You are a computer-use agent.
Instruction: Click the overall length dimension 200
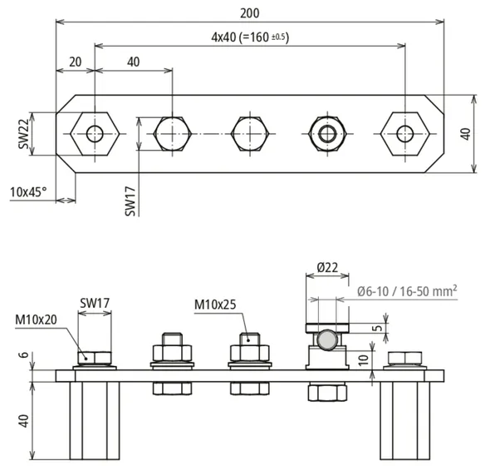[x=250, y=13]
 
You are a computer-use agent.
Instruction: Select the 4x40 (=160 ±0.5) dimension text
[x=250, y=37]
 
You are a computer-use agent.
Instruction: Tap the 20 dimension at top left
[x=76, y=62]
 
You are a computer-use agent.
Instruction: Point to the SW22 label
[x=23, y=134]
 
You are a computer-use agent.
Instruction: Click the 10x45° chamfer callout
[x=28, y=192]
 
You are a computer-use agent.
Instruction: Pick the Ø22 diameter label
[x=327, y=267]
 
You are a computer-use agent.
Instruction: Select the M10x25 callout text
[x=215, y=305]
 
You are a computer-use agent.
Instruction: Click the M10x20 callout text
[x=37, y=320]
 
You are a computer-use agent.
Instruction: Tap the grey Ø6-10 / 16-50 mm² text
[x=407, y=291]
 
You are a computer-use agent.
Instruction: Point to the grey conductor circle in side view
[x=327, y=340]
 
